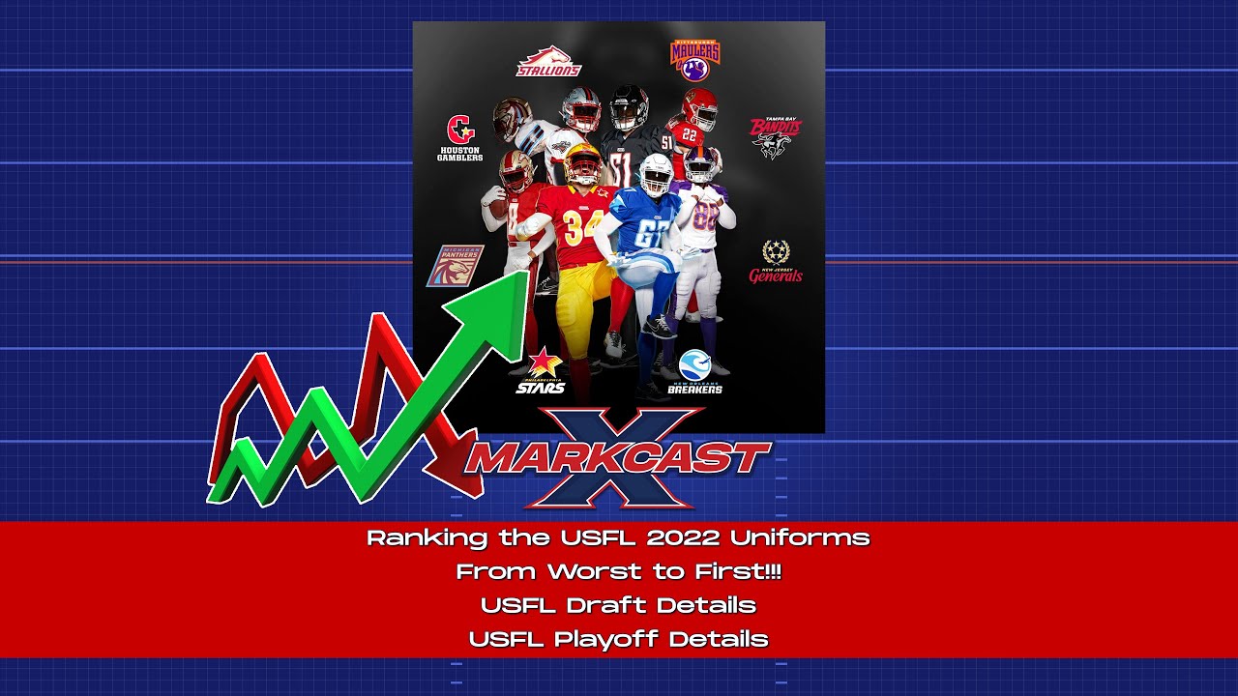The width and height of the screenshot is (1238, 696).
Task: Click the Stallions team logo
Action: click(x=548, y=62)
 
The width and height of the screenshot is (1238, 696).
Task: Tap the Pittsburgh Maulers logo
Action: click(x=694, y=60)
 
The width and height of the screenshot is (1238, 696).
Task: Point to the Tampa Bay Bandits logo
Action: click(x=776, y=137)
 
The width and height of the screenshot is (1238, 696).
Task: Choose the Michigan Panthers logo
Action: click(x=456, y=265)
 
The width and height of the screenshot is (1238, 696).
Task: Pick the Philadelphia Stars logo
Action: click(x=541, y=372)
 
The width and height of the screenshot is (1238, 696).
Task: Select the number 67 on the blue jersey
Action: click(x=653, y=234)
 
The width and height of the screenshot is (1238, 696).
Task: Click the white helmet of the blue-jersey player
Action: click(x=655, y=174)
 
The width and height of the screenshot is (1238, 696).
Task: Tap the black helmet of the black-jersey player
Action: click(x=629, y=106)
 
